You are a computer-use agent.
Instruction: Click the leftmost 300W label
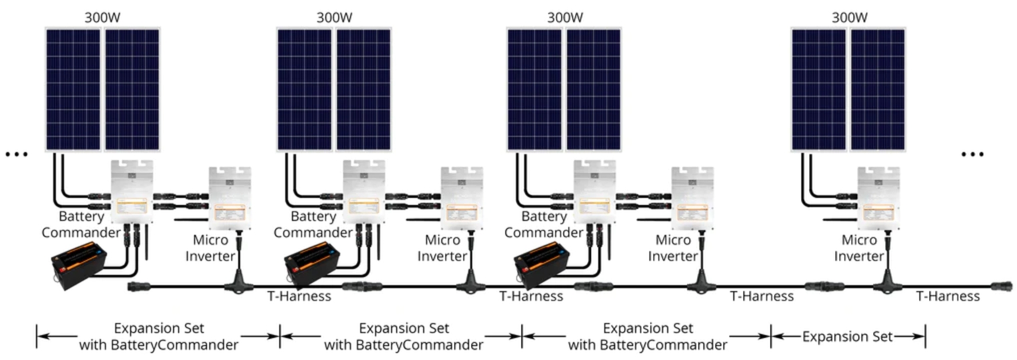point(103,18)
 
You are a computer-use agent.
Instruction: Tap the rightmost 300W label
point(850,18)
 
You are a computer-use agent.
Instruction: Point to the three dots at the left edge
point(17,155)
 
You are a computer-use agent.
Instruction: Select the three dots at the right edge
point(972,155)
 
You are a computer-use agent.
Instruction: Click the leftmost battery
point(79,266)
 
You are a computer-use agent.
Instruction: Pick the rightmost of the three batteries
point(542,266)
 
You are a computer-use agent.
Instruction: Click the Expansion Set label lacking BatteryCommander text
point(847,337)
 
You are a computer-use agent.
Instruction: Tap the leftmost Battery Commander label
point(81,224)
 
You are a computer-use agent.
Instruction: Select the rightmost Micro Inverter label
point(859,248)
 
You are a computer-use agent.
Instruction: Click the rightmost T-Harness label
point(948,297)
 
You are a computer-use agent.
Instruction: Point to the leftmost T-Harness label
point(299,297)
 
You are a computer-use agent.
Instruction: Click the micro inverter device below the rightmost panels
point(878,199)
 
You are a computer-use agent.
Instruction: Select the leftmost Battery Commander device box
point(132,191)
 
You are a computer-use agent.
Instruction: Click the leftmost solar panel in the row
point(73,89)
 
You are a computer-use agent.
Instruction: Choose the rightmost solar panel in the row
point(878,89)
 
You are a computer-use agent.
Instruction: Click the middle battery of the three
point(311,266)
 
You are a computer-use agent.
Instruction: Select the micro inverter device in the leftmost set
point(229,199)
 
